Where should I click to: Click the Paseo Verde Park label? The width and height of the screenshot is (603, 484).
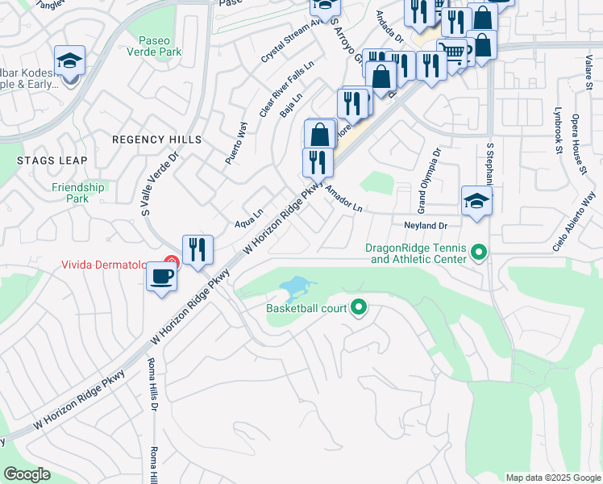pos(160,45)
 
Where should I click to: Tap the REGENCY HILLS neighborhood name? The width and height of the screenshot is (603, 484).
pos(156,140)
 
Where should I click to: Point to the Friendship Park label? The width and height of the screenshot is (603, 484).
pos(78,193)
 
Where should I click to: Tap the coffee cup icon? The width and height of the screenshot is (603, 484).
pos(160,277)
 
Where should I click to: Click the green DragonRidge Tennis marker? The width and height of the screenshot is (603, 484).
pos(479,253)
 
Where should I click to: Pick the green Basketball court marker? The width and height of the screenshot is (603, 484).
pos(360,307)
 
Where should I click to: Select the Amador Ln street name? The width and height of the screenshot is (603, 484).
pos(344,198)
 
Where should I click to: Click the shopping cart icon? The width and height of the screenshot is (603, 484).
pos(452,53)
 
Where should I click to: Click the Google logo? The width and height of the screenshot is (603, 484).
pos(27,474)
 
